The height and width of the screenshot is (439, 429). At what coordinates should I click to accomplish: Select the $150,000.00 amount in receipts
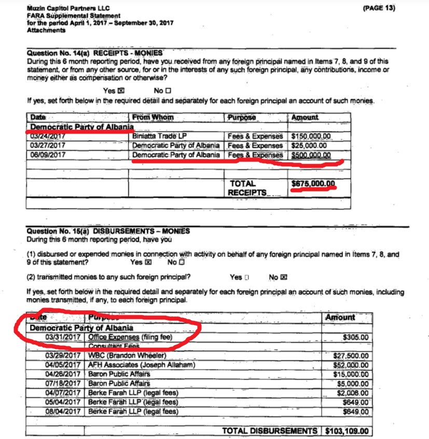(311, 137)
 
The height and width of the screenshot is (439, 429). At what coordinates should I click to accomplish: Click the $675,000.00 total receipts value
(314, 183)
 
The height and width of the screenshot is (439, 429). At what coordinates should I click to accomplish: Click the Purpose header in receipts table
(242, 118)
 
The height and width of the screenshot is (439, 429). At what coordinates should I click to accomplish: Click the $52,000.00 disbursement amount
(351, 365)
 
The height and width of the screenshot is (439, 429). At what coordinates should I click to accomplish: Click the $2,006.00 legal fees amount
(353, 393)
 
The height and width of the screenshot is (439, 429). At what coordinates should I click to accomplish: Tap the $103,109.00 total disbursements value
(347, 431)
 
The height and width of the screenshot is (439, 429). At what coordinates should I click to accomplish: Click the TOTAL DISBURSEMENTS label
(269, 431)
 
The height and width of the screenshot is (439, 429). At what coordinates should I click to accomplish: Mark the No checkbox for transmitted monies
(283, 277)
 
